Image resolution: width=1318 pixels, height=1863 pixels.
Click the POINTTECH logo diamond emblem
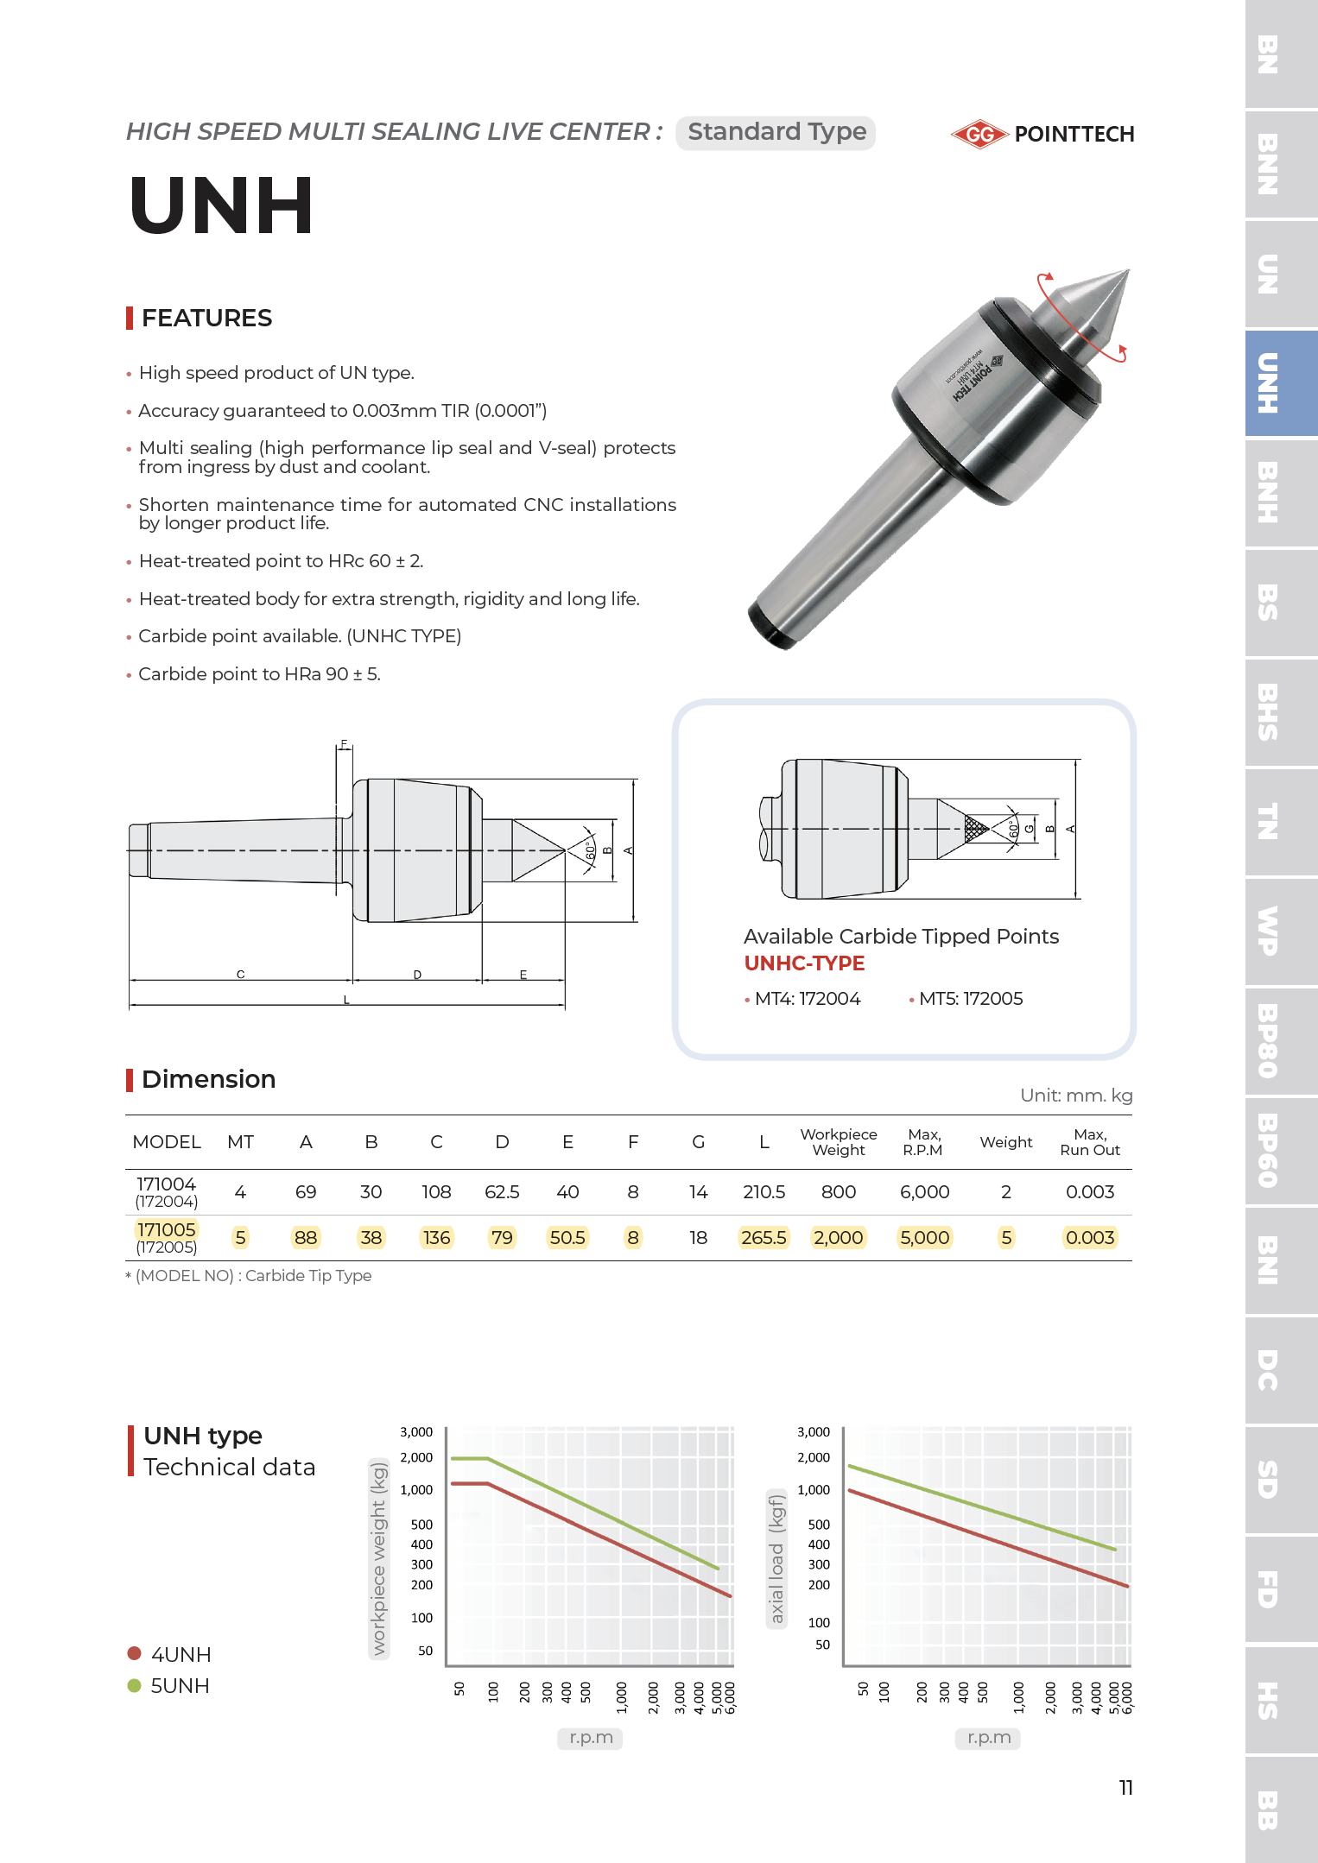(x=979, y=134)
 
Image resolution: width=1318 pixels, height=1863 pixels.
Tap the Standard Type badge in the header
(x=776, y=132)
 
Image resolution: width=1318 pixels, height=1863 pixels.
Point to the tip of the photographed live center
(x=1126, y=272)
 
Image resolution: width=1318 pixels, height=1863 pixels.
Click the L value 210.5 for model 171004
(x=764, y=1192)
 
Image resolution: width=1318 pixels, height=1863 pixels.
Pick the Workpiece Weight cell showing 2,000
(x=838, y=1238)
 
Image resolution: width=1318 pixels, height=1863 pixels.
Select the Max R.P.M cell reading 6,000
(x=924, y=1192)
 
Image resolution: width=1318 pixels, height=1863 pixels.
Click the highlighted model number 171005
(x=167, y=1229)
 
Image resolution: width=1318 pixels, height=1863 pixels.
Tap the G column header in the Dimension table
(x=698, y=1142)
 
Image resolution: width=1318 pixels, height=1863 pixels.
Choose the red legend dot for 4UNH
(x=134, y=1653)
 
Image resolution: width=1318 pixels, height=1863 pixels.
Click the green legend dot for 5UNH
(x=134, y=1685)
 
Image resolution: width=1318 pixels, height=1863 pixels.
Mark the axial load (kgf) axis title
(x=776, y=1559)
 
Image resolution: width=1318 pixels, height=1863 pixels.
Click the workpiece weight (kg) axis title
(x=378, y=1559)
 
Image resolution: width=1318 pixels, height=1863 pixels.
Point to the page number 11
(x=1125, y=1787)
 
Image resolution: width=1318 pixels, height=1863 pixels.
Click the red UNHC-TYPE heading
(x=804, y=963)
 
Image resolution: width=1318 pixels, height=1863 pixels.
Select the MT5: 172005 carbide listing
(x=969, y=999)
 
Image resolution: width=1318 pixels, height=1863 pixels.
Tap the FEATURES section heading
(x=206, y=318)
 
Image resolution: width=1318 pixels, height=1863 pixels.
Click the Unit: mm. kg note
(x=1075, y=1096)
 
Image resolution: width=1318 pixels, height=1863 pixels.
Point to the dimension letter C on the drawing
(x=241, y=974)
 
